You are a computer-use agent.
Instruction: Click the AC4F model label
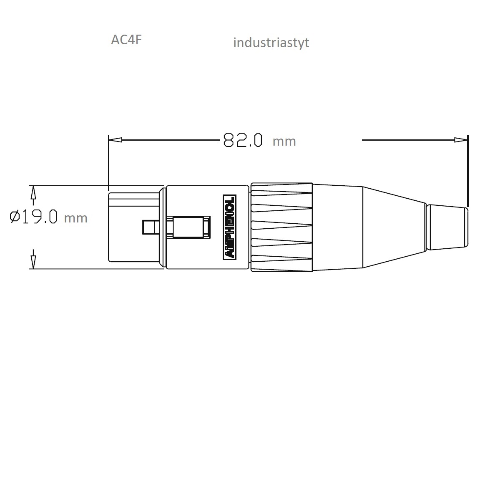pyautogui.click(x=126, y=40)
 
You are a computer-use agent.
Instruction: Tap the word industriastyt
pyautogui.click(x=271, y=43)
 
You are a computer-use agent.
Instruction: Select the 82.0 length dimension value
pyautogui.click(x=243, y=140)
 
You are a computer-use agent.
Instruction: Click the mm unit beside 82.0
pyautogui.click(x=284, y=141)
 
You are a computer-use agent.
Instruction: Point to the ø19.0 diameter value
pyautogui.click(x=34, y=217)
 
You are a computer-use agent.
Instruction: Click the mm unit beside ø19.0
pyautogui.click(x=75, y=218)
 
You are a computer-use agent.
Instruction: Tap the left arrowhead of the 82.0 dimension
pyautogui.click(x=116, y=140)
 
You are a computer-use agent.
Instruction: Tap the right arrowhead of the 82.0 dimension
pyautogui.click(x=461, y=140)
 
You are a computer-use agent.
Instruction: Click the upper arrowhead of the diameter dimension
pyautogui.click(x=33, y=193)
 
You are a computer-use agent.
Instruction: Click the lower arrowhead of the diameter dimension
pyautogui.click(x=33, y=262)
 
